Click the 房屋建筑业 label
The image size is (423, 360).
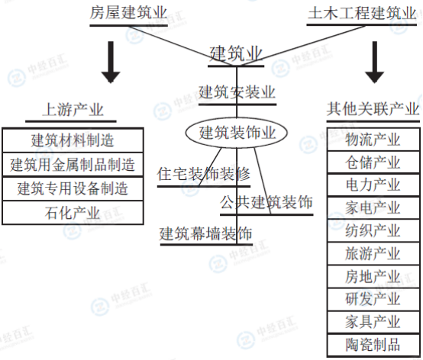point(128,13)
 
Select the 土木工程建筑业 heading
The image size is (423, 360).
point(362,13)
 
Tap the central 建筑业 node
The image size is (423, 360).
point(236,53)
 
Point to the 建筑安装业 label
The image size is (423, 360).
point(237,92)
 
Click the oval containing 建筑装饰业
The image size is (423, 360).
point(237,133)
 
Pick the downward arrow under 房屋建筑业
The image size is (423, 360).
point(111,62)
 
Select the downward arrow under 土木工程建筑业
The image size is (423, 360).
point(374,62)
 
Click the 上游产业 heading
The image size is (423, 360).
point(73,110)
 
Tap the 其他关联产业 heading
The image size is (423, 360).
point(373,109)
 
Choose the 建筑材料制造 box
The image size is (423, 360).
point(73,140)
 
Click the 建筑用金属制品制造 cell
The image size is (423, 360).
point(73,165)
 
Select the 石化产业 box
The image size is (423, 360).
point(73,213)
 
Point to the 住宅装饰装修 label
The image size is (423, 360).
point(204,174)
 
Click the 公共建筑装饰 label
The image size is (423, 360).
point(266,202)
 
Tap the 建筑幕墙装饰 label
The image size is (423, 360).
point(206,233)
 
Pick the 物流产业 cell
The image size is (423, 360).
point(373,140)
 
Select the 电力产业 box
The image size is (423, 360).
point(373,185)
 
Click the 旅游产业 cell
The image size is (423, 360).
point(373,253)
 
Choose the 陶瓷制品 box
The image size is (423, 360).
point(373,345)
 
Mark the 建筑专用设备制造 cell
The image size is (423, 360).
point(73,188)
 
